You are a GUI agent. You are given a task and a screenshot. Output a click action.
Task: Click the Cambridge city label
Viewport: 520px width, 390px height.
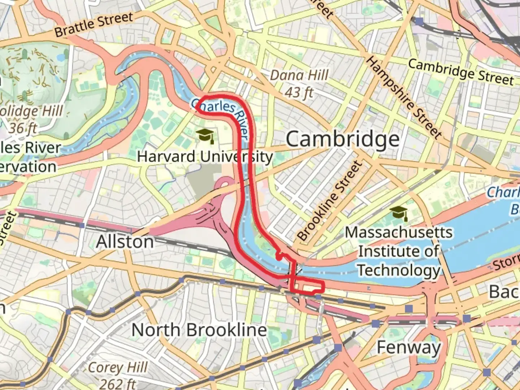[x=343, y=139]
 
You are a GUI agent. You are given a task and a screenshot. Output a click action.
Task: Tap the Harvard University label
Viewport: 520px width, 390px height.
[x=205, y=157]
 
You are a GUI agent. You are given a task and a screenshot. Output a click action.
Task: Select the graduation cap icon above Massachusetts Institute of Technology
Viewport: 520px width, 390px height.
[x=399, y=213]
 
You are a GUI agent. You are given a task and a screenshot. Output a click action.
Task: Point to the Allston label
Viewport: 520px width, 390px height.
[x=125, y=242]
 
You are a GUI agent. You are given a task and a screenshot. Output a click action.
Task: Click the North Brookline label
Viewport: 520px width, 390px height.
[x=199, y=330]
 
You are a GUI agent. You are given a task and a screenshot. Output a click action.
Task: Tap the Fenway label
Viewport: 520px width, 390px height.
[x=408, y=347]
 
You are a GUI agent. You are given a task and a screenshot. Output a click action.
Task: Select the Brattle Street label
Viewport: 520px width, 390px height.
[x=94, y=24]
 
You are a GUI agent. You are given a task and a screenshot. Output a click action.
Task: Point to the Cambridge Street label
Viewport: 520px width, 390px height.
[x=461, y=71]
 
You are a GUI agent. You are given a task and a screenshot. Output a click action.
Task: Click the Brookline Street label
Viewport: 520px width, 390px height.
[x=329, y=201]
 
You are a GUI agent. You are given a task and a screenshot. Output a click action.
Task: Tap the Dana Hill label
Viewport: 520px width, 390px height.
[x=299, y=75]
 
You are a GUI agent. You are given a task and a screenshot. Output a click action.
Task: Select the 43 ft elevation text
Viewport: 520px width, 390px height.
[x=299, y=92]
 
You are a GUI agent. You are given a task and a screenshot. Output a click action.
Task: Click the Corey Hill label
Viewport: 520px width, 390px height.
[x=118, y=368]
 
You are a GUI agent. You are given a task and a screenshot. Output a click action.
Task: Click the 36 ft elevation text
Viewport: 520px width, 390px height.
[x=23, y=127]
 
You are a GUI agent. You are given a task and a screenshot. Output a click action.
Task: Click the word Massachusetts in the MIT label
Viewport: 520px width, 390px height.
[x=399, y=232]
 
